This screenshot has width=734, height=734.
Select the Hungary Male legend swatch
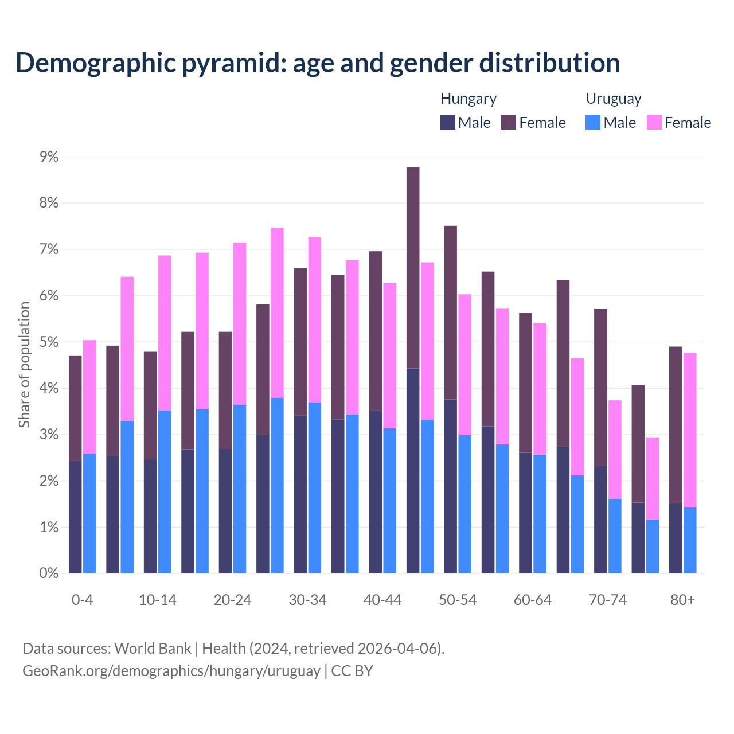[x=447, y=123]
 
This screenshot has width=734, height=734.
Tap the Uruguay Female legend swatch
[x=654, y=123]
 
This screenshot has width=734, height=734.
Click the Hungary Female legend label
[x=542, y=123]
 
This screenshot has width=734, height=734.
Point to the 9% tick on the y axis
[x=49, y=157]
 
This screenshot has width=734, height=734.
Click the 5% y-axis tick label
[x=49, y=342]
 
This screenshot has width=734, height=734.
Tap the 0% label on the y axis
[x=49, y=573]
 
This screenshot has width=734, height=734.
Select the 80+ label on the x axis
[x=682, y=600]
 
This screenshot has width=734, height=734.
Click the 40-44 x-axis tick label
[x=382, y=600]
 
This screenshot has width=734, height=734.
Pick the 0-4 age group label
[x=82, y=600]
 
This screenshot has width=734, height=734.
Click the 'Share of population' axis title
[x=24, y=365]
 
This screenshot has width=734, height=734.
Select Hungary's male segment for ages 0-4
[x=75, y=516]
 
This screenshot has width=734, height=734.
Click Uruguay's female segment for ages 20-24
[x=240, y=324]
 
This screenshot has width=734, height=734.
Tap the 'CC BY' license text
[x=352, y=671]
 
